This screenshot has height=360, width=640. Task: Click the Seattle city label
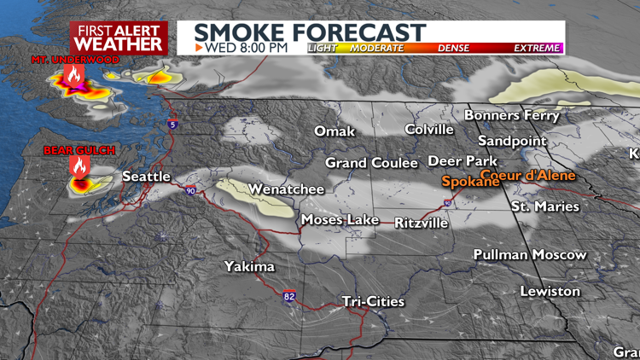click(x=147, y=177)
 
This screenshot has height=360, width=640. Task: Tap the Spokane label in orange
click(x=470, y=182)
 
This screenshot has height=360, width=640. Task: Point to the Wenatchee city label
click(x=286, y=189)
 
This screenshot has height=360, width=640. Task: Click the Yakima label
click(x=249, y=267)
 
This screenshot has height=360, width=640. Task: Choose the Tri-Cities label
click(x=373, y=301)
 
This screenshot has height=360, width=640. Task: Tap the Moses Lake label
click(x=340, y=220)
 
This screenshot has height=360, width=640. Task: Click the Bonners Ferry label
click(x=512, y=114)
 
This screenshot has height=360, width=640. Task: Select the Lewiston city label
click(x=550, y=291)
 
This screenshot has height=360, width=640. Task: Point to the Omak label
click(x=335, y=131)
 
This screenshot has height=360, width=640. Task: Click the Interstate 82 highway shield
click(x=290, y=296)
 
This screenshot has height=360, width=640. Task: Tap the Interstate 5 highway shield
click(x=173, y=125)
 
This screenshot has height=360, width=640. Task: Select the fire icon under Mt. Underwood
click(x=74, y=77)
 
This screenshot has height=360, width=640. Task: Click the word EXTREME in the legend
click(x=537, y=49)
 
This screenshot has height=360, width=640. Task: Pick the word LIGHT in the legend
click(x=323, y=49)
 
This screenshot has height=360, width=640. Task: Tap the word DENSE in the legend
click(x=453, y=49)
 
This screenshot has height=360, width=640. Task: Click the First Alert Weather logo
click(x=119, y=38)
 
